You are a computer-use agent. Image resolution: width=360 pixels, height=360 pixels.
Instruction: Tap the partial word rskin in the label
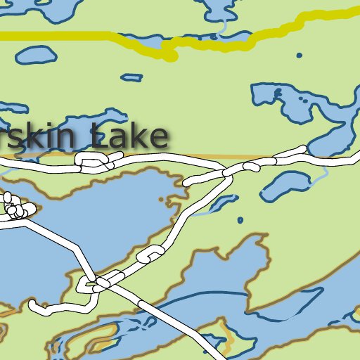pyautogui.click(x=39, y=138)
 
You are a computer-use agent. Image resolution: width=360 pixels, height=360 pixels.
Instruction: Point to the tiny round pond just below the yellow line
pyautogui.click(x=299, y=55)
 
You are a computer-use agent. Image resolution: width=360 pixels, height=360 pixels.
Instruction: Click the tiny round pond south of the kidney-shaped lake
pyautogui.click(x=240, y=220)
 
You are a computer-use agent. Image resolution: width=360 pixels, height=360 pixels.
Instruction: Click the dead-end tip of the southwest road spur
pyautogui.click(x=32, y=304)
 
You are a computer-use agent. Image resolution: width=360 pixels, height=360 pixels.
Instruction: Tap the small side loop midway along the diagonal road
pyautogui.click(x=150, y=254)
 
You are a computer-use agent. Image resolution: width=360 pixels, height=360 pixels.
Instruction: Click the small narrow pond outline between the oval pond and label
pyautogui.click(x=131, y=76)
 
